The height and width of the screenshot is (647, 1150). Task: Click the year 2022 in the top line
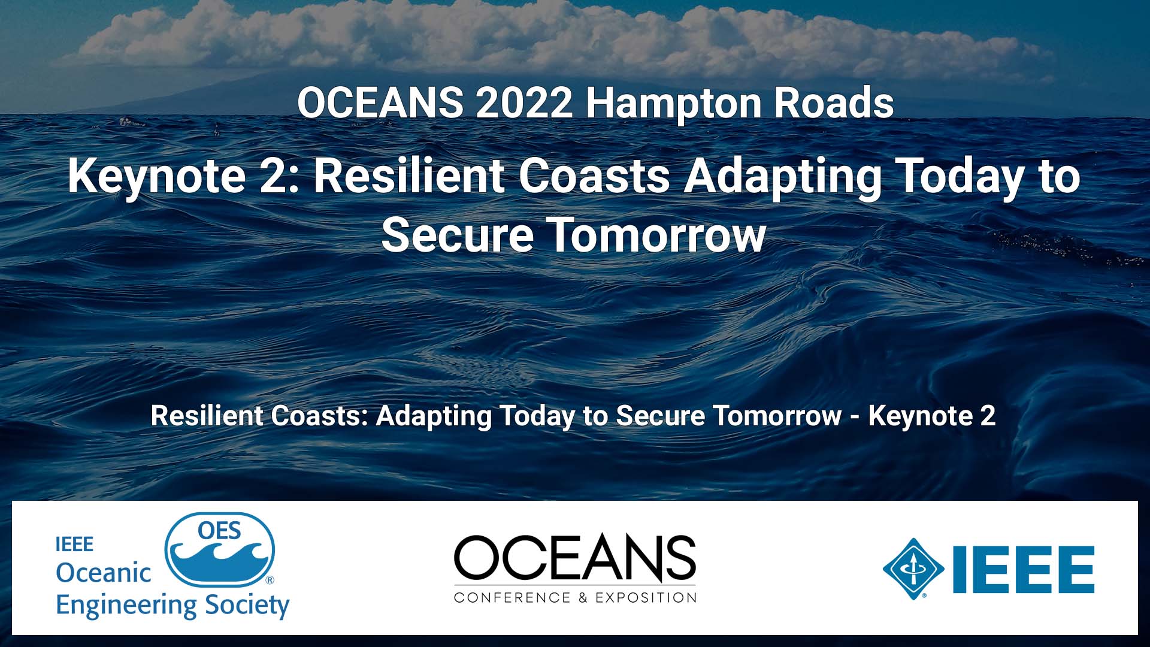(525, 103)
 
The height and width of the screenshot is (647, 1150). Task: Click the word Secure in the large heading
(457, 235)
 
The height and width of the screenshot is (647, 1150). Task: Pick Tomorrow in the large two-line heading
(657, 235)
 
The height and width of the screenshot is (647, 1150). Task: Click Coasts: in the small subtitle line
(320, 416)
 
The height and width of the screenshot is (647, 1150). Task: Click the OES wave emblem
(220, 550)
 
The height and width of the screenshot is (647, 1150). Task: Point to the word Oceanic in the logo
(103, 573)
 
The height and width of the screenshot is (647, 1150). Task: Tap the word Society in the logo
(247, 606)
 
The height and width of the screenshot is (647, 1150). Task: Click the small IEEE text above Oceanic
(74, 545)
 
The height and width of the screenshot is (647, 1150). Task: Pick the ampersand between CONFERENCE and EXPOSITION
(583, 597)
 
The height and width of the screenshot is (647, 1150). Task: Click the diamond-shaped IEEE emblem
(913, 569)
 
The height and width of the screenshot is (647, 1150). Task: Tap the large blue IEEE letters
(1023, 569)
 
